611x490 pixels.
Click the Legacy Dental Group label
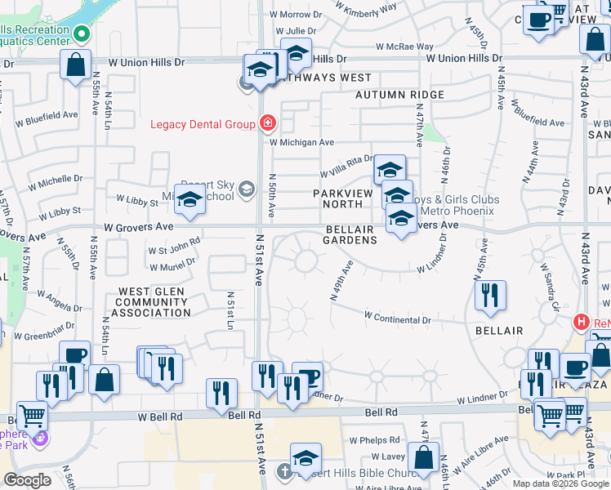click(x=203, y=124)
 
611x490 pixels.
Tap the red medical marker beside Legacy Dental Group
click(x=266, y=124)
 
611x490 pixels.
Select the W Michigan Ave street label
click(x=301, y=142)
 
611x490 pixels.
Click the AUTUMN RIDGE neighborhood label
click(x=399, y=95)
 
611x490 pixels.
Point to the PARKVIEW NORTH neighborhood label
click(x=343, y=198)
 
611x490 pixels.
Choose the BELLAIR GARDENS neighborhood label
click(x=350, y=235)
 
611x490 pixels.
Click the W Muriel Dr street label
click(x=172, y=265)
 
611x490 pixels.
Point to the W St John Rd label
click(x=173, y=243)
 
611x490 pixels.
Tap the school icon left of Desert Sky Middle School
click(x=190, y=201)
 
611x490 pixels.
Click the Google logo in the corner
click(x=27, y=479)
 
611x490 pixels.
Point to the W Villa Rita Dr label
click(x=345, y=166)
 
